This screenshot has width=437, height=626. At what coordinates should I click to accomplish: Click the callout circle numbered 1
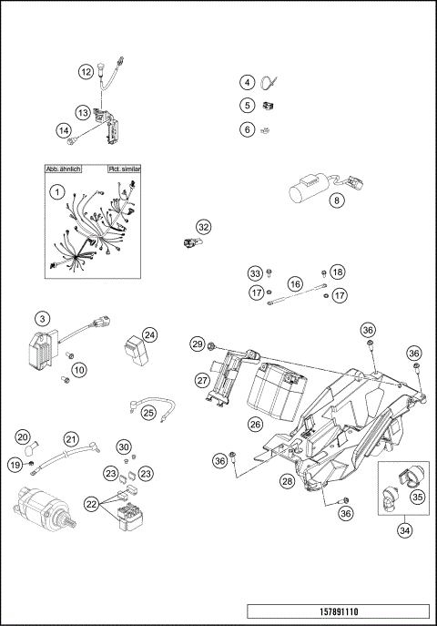[x=56, y=192]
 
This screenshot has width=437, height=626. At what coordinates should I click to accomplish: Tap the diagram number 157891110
[x=339, y=611]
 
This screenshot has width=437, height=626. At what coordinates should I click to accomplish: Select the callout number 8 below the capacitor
[x=337, y=200]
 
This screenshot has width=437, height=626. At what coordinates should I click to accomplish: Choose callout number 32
[x=203, y=227]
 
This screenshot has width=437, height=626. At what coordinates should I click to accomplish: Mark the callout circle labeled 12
[x=86, y=70]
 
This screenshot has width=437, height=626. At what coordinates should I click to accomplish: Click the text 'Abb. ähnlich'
[x=63, y=169]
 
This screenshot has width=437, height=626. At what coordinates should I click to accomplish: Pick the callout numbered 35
[x=417, y=498]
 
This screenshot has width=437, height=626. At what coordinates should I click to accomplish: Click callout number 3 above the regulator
[x=42, y=318]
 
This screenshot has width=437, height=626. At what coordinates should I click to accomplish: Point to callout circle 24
[x=149, y=334]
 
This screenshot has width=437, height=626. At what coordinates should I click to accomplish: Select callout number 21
[x=71, y=439]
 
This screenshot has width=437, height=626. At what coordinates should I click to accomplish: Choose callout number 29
[x=197, y=344]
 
